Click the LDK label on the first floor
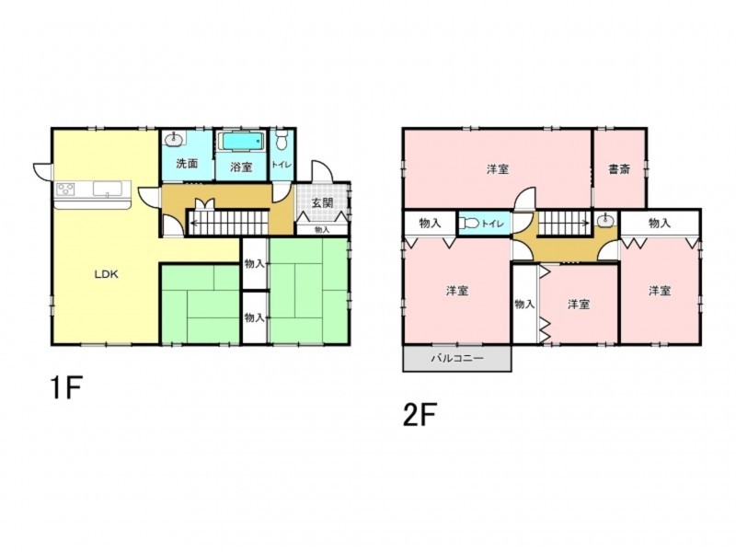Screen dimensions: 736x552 pyautogui.click(x=107, y=274)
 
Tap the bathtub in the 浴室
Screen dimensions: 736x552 pyautogui.click(x=241, y=142)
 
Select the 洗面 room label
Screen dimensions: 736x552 pyautogui.click(x=187, y=164)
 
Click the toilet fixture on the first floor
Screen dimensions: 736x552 pyautogui.click(x=282, y=139)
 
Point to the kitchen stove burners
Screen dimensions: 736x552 pyautogui.click(x=65, y=189)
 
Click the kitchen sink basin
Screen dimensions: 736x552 pyautogui.click(x=108, y=189)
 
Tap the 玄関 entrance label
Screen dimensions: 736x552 pyautogui.click(x=323, y=202)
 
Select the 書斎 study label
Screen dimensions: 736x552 pyautogui.click(x=619, y=169)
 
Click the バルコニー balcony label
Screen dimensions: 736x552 pyautogui.click(x=457, y=359)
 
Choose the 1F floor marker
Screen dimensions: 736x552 pyautogui.click(x=66, y=387)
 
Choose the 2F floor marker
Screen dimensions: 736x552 pyautogui.click(x=420, y=415)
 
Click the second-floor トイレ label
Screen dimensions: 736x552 pyautogui.click(x=493, y=224)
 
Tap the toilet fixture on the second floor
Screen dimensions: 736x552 pyautogui.click(x=469, y=224)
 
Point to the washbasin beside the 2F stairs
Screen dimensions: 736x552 pyautogui.click(x=606, y=219)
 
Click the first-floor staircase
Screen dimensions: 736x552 pyautogui.click(x=227, y=222)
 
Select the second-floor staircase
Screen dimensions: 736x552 pyautogui.click(x=564, y=222)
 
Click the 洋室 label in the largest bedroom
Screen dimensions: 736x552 pyautogui.click(x=498, y=169)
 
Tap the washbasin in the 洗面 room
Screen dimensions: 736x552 pyautogui.click(x=175, y=138)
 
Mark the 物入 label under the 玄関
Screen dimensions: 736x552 pyautogui.click(x=322, y=230)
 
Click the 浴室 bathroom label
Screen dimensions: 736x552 pyautogui.click(x=242, y=167)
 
